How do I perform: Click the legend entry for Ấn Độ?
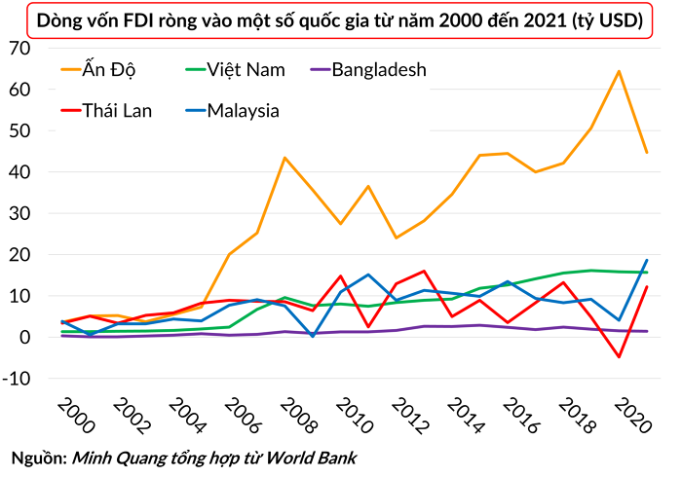pos(98,69)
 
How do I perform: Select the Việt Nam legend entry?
pos(235,69)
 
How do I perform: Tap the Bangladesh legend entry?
pos(368,69)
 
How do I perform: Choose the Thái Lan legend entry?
pos(106,110)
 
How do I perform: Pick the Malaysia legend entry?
pos(232,111)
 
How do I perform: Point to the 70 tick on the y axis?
pos(20,49)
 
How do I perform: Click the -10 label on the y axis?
pos(17,379)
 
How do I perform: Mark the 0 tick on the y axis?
pos(25,337)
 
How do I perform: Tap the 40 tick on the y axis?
pos(20,172)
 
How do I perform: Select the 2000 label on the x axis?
pos(76,416)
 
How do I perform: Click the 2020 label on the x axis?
pos(633,416)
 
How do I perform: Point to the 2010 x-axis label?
pos(355,416)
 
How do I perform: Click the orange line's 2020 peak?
pos(619,71)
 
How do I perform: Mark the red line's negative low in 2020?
pos(619,356)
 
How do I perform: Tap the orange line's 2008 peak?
pos(284,158)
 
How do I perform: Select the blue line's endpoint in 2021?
pos(647,260)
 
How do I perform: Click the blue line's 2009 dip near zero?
pos(313,336)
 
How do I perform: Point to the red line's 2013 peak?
pos(424,271)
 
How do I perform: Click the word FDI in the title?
pos(138,20)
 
